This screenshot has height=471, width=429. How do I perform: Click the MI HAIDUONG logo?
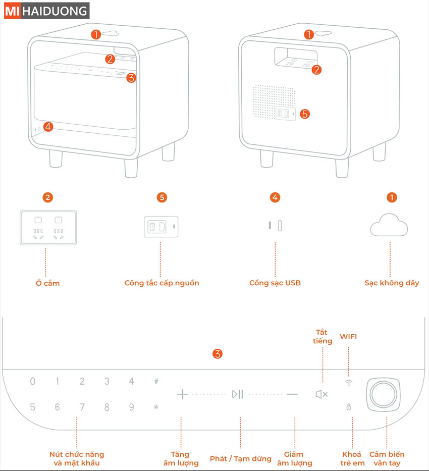click(x=46, y=11)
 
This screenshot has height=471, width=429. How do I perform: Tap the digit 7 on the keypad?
click(x=82, y=407)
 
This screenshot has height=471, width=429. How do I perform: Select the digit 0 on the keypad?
click(x=33, y=382)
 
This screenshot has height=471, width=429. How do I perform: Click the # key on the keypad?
click(x=156, y=381)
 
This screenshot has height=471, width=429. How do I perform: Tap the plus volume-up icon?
click(x=183, y=394)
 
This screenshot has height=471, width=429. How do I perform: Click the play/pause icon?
click(x=238, y=394)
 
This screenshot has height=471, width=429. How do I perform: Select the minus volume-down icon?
click(x=292, y=394)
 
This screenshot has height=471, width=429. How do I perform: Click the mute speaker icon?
click(x=321, y=394)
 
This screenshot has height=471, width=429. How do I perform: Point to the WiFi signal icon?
click(x=349, y=383)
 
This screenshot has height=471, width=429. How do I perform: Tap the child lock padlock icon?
click(x=349, y=407)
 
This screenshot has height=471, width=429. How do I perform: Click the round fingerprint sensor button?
click(x=385, y=393)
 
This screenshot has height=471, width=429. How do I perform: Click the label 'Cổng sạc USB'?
click(x=275, y=283)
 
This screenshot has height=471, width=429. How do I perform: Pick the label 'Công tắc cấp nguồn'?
click(x=162, y=283)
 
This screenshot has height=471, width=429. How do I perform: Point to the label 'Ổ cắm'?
click(x=47, y=283)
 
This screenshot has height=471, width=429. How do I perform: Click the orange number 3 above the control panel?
click(x=218, y=353)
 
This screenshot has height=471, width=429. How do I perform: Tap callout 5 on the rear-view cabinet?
click(x=304, y=114)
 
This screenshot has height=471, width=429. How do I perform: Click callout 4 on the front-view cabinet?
click(x=47, y=127)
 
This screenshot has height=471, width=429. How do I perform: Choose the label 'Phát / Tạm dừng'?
click(x=241, y=459)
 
